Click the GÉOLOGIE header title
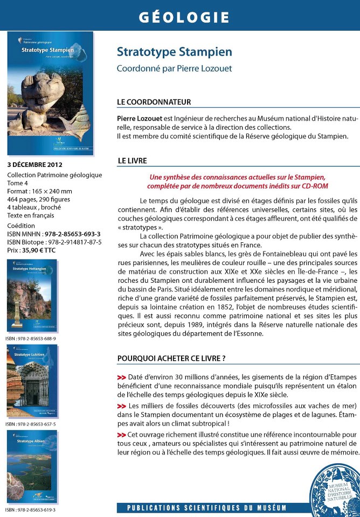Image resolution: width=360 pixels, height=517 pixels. (184, 17)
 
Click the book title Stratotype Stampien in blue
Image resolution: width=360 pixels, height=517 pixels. (174, 52)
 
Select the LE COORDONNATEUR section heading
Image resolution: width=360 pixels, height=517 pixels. (154, 102)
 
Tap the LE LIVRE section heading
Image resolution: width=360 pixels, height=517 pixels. (132, 160)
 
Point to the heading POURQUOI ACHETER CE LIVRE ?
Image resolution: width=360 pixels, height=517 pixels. (171, 358)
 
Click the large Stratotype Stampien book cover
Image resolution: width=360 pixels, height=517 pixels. (50, 93)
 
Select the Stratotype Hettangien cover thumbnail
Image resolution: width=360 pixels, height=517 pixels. (32, 296)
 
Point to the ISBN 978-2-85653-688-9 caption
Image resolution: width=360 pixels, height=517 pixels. (31, 338)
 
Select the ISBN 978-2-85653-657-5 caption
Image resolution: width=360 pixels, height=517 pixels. (31, 424)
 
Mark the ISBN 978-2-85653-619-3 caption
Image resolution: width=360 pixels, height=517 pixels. (31, 509)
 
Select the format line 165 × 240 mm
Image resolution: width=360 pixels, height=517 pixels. (39, 191)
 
